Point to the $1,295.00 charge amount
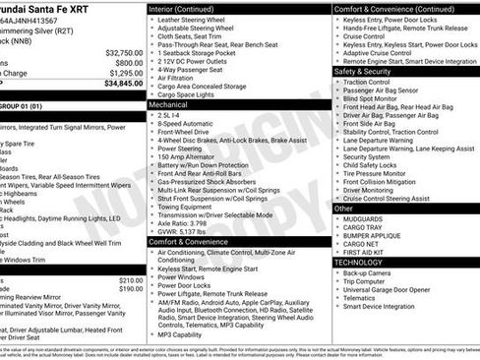pyautogui.click(x=127, y=73)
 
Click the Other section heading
pyautogui.click(x=344, y=209)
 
